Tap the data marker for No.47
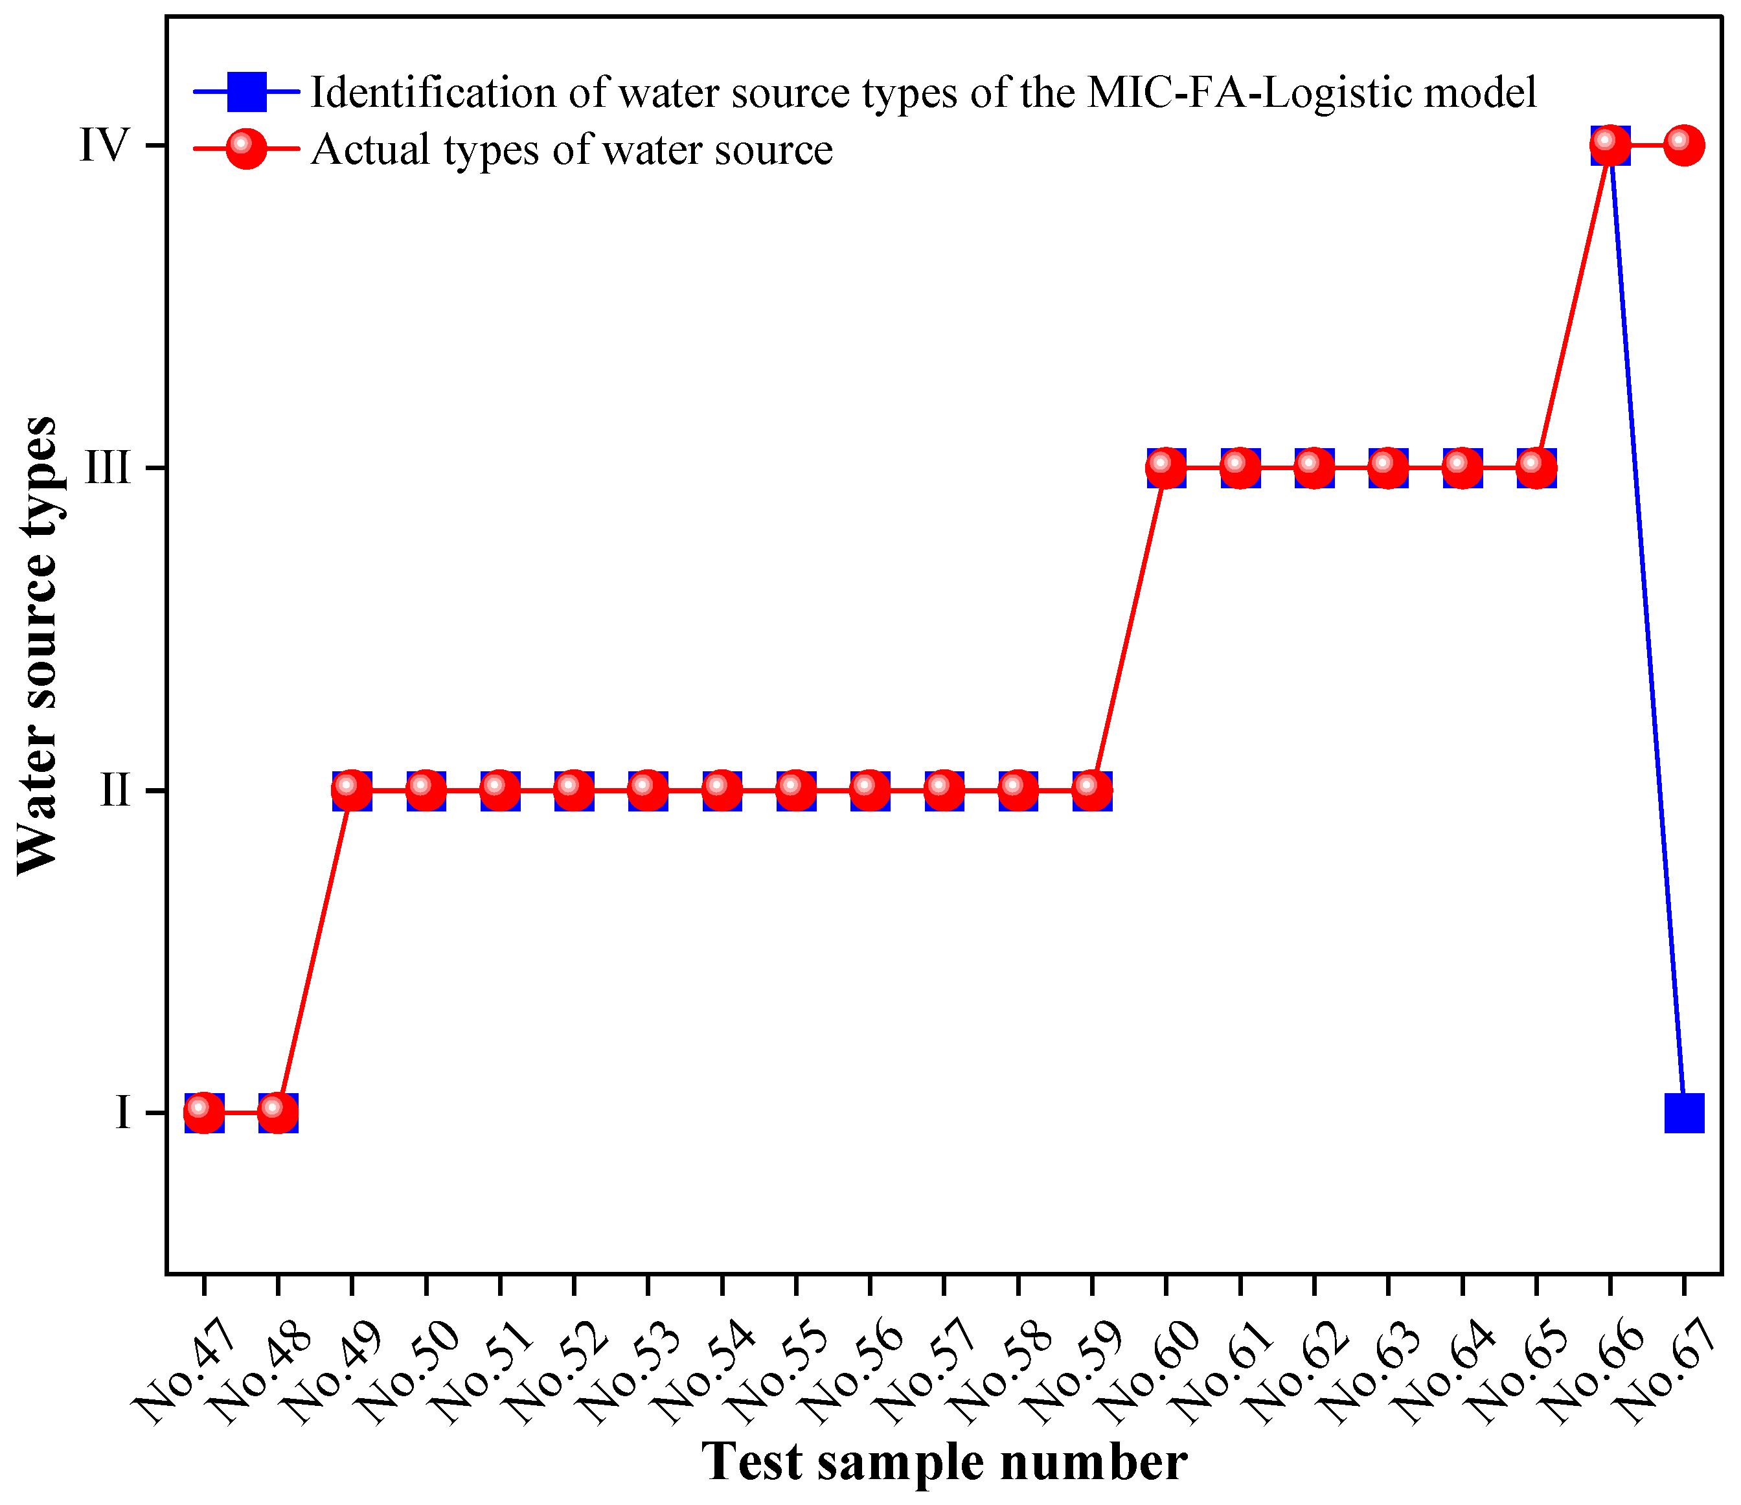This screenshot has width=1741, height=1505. pos(204,1113)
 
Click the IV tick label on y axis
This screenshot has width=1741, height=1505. pos(104,145)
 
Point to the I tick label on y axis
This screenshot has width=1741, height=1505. pos(122,1113)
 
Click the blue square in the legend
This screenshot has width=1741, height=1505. pos(246,91)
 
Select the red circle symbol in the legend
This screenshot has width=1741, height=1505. pos(246,148)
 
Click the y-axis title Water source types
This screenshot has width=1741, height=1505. pos(38,646)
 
